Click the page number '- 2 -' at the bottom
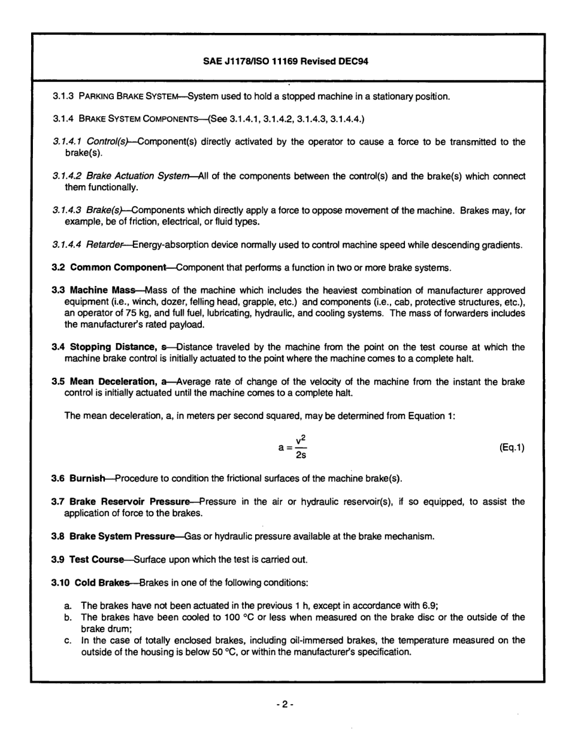tap(284, 700)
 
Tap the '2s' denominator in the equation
tap(301, 456)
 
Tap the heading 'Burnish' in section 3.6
tap(90, 479)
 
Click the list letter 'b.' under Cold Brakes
tap(68, 617)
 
